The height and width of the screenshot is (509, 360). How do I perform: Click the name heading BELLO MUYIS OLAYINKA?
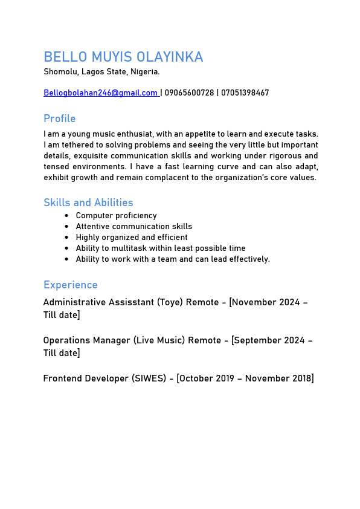(x=123, y=57)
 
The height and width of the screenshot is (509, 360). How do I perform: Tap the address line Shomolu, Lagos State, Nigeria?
(x=101, y=72)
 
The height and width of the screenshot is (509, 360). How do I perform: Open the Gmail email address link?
(x=100, y=93)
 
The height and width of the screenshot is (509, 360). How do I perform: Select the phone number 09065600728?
(x=189, y=93)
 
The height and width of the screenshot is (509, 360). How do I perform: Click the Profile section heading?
(x=59, y=118)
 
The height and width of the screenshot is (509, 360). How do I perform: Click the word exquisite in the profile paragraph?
(x=93, y=156)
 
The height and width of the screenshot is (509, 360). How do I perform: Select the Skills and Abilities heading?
(x=88, y=203)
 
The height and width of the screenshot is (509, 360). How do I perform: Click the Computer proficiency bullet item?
(x=116, y=216)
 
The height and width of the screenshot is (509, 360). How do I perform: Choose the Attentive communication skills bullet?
(x=133, y=227)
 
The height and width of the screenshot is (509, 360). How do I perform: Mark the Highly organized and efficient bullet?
(x=131, y=238)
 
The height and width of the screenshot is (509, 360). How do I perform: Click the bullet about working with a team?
(x=172, y=259)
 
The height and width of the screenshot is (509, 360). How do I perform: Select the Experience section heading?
(x=70, y=285)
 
